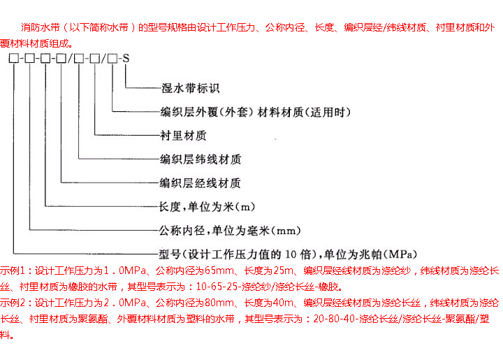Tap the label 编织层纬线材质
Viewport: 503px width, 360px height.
(x=201, y=159)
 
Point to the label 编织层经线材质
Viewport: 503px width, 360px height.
(x=201, y=183)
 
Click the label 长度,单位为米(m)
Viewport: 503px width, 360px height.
(x=206, y=207)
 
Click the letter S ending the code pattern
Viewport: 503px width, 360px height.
(x=125, y=59)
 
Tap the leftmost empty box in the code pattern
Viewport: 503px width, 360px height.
(x=12, y=59)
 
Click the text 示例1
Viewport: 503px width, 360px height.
(x=13, y=270)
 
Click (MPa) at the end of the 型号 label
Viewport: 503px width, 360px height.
(x=399, y=252)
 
